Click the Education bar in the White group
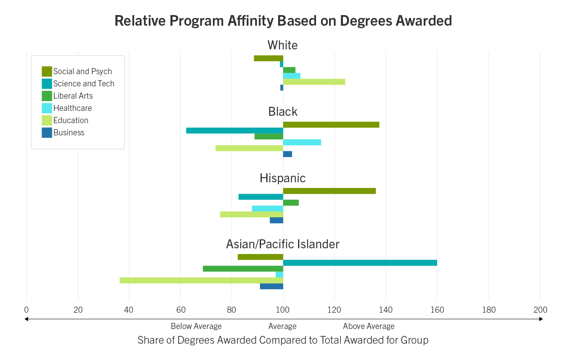click(x=314, y=82)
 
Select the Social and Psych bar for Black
click(x=331, y=125)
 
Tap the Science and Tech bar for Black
click(x=234, y=130)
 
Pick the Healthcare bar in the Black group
click(x=302, y=142)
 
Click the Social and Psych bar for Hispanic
click(x=329, y=191)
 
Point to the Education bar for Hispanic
click(x=252, y=214)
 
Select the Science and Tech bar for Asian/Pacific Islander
click(x=360, y=263)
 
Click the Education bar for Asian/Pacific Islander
click(x=201, y=280)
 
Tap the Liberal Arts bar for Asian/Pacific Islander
click(x=243, y=269)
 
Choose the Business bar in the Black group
click(x=287, y=154)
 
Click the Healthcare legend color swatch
click(x=47, y=108)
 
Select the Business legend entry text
click(x=69, y=133)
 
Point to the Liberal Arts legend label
click(x=73, y=96)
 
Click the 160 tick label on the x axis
click(x=437, y=310)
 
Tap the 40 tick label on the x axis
click(x=129, y=310)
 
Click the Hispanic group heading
click(x=283, y=178)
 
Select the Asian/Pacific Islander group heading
click(x=283, y=244)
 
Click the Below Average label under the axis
click(x=196, y=326)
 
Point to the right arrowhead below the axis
click(x=541, y=319)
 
